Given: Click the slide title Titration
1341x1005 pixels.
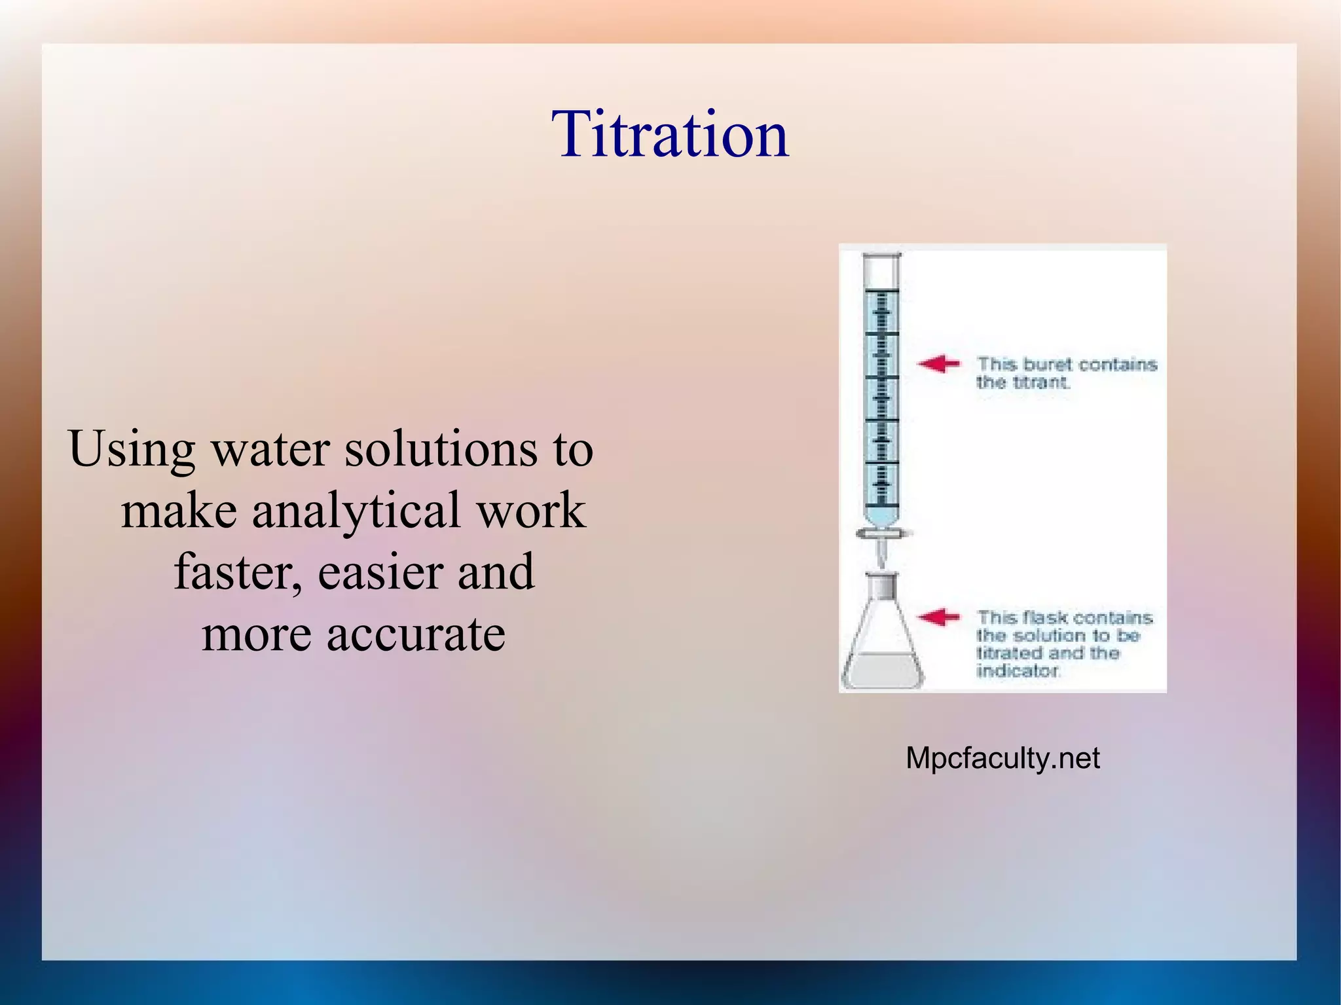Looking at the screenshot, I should [x=670, y=134].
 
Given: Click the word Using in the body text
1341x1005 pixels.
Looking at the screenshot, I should [x=132, y=450].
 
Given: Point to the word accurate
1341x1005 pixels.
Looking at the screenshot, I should [x=416, y=634].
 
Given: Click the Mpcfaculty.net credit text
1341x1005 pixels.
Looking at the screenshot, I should [x=1002, y=758].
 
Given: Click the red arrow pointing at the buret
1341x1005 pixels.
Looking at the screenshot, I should [x=938, y=364].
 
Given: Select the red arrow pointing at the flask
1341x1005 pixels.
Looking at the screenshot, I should [x=938, y=617].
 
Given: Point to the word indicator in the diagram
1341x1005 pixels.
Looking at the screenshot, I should [x=1017, y=670].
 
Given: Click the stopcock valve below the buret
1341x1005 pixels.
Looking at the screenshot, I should [x=882, y=534].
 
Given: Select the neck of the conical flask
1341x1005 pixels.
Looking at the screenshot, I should [x=881, y=586].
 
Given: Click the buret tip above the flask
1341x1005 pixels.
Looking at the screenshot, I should [x=882, y=557].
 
